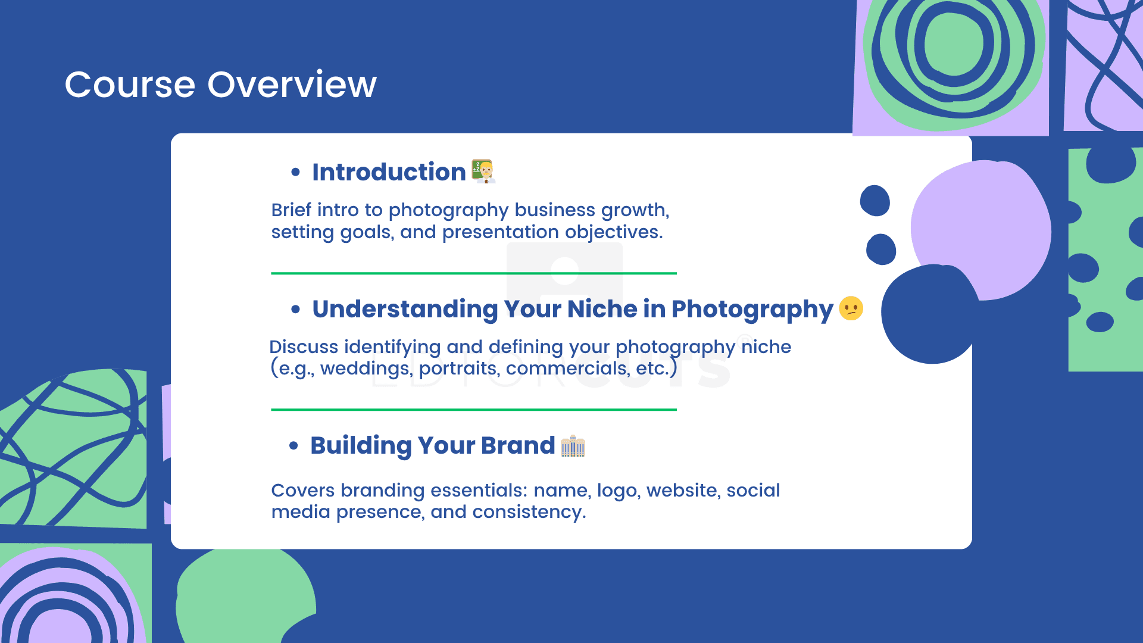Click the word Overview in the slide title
tap(292, 85)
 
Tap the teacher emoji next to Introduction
tap(483, 171)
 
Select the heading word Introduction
tap(389, 172)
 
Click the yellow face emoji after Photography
tap(851, 308)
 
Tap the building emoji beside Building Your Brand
tap(573, 446)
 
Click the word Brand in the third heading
tap(518, 445)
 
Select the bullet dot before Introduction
tap(296, 173)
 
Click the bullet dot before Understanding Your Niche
tap(296, 310)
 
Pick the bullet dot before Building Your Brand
tap(293, 446)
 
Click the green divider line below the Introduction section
tap(474, 273)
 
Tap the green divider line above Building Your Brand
tap(474, 410)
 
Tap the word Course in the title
tap(130, 85)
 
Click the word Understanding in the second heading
tap(405, 310)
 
